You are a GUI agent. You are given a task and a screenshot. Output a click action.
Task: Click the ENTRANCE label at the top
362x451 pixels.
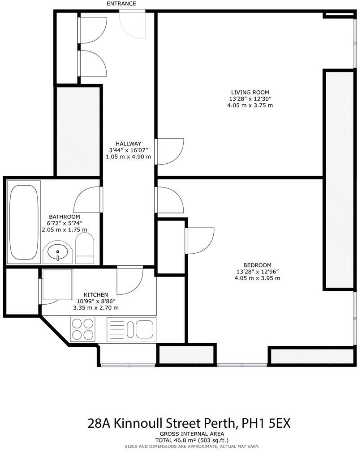(x=121, y=4)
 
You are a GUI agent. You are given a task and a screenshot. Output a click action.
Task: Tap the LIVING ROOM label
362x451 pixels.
(x=250, y=92)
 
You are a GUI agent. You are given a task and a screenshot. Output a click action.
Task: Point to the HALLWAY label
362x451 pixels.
(x=128, y=143)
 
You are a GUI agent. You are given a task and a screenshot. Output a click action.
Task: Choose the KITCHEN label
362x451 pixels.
(x=95, y=294)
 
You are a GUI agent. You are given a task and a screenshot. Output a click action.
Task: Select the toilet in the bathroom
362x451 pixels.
(x=85, y=250)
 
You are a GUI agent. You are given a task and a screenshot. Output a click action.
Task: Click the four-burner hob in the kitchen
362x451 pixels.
(x=83, y=329)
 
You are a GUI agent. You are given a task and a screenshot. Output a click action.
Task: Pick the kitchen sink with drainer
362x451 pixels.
(x=131, y=329)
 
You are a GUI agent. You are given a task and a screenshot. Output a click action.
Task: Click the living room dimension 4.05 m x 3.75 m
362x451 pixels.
(x=250, y=106)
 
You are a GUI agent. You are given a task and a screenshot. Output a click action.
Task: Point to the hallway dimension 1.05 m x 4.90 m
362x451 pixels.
(x=128, y=157)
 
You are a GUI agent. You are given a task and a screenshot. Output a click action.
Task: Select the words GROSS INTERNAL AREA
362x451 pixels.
(x=192, y=434)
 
